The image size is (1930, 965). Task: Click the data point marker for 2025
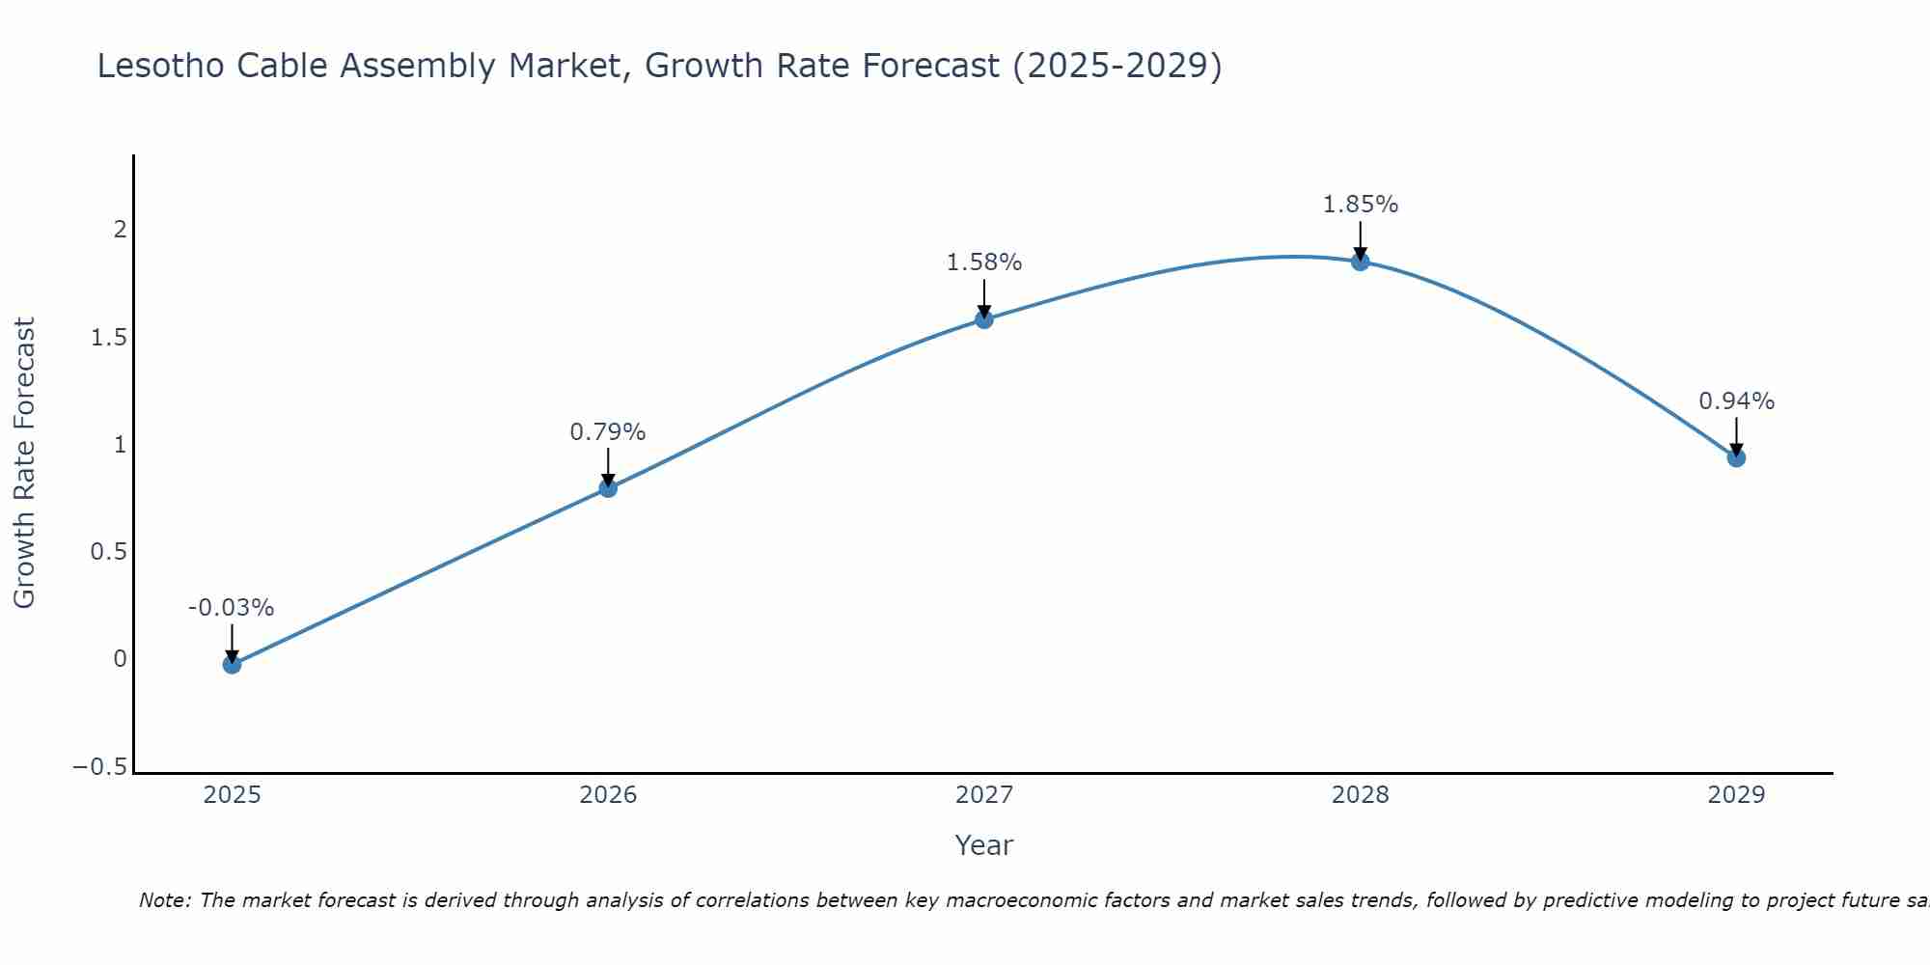(232, 664)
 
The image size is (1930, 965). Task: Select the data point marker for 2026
(608, 488)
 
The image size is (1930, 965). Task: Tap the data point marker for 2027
(984, 319)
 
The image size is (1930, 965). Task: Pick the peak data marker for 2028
(1360, 262)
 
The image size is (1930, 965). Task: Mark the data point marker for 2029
(1736, 457)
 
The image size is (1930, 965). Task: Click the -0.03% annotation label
(231, 608)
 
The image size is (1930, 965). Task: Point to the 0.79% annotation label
(607, 432)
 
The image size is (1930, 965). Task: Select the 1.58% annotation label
(983, 262)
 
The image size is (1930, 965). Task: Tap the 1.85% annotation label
(1360, 205)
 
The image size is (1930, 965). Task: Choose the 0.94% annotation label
(1736, 401)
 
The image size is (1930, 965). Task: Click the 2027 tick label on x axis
(984, 795)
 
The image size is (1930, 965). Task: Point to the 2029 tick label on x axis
(1736, 795)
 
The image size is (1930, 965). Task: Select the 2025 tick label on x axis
(233, 795)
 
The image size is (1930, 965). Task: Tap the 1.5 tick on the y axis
(108, 338)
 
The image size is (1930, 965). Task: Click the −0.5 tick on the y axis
(99, 767)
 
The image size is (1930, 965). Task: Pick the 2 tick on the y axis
(121, 230)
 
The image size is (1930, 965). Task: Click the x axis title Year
(983, 845)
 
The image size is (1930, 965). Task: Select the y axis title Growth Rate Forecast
(24, 463)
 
